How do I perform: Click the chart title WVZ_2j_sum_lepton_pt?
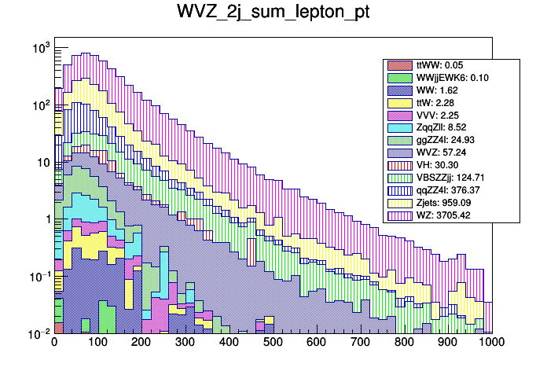(273, 15)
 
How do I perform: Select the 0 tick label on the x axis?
(54, 342)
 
